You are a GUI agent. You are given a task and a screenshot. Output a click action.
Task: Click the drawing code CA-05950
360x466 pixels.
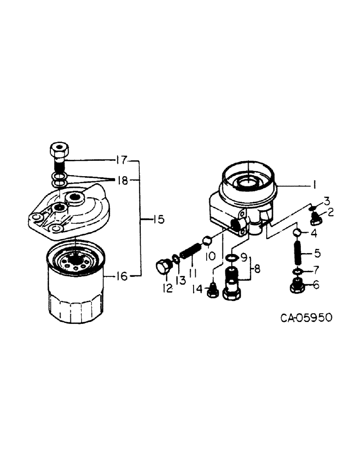click(306, 318)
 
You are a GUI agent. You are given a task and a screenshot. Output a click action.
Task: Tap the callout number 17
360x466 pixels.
click(122, 161)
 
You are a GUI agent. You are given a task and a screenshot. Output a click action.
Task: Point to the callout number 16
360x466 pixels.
click(122, 277)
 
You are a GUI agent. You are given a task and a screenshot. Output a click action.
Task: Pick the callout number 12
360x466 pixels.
click(167, 289)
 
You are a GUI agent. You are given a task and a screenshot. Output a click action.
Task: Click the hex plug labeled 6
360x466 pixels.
click(297, 286)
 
